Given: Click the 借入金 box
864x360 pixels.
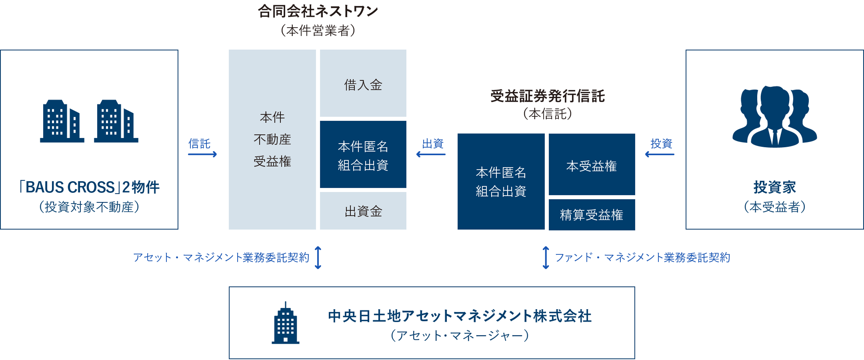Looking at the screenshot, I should click(363, 83).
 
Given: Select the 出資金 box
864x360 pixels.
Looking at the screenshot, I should click(363, 211).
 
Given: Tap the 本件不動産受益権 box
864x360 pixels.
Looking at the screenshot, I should click(272, 139).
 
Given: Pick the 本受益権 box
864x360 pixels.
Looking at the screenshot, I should click(592, 164).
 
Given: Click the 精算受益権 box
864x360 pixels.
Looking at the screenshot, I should click(592, 215).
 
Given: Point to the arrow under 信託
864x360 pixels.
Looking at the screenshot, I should click(202, 154).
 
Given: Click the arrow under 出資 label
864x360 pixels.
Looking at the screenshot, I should click(431, 154).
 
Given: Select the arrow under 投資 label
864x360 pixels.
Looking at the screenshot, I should click(660, 154).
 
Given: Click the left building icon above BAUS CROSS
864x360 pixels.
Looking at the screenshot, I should click(62, 121).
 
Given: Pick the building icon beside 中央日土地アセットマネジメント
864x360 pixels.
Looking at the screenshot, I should click(286, 323).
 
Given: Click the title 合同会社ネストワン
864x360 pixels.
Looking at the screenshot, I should click(318, 11).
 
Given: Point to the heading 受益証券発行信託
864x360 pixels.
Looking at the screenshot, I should click(548, 96).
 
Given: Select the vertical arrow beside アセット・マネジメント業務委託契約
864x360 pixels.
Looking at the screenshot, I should click(318, 258).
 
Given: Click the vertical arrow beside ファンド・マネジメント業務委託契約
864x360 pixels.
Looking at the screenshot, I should click(546, 258).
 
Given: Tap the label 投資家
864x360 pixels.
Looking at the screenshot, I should click(774, 187).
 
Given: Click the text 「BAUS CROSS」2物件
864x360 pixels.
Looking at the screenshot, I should click(89, 187).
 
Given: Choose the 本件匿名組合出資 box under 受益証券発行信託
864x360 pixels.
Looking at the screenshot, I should click(501, 182).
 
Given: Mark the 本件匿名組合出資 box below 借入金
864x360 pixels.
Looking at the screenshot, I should click(363, 155).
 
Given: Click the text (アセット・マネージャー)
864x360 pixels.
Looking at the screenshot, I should click(460, 335).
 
